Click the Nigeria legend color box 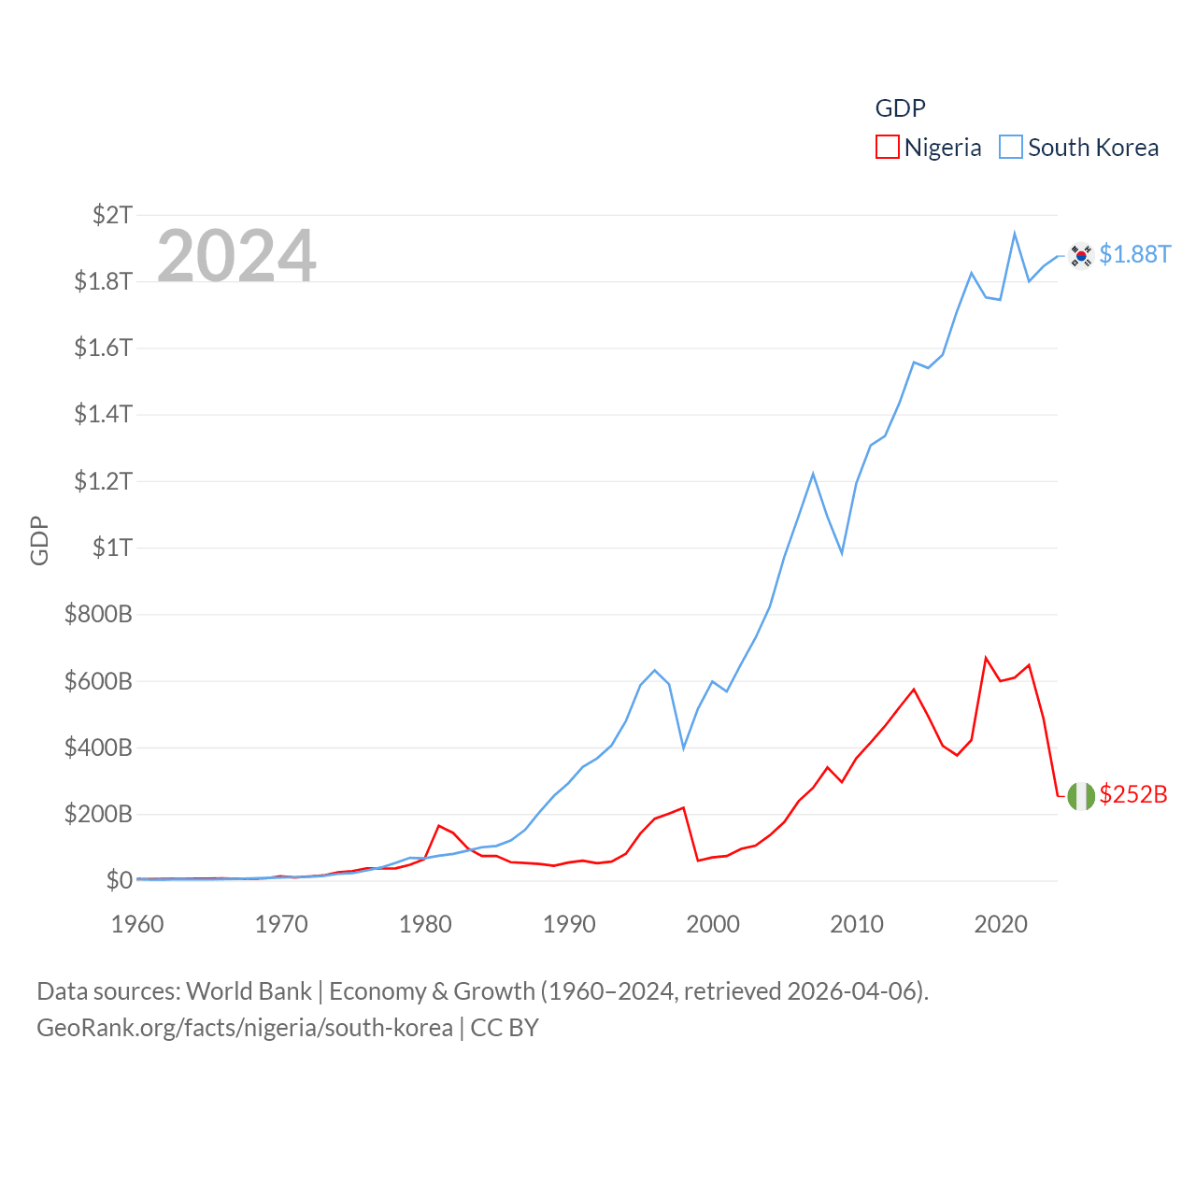887,148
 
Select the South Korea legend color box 1011,148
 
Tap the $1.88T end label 1134,254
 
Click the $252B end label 1133,794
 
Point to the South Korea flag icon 1081,255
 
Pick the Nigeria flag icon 1081,796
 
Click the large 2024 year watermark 236,255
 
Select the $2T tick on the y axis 112,215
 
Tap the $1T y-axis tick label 112,548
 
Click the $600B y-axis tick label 98,681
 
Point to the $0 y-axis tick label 119,880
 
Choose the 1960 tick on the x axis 137,924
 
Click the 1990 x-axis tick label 569,924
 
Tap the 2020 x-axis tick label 1001,924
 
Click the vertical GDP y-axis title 39,540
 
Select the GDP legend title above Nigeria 900,108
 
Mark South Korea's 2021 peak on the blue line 1015,234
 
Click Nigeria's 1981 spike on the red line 439,826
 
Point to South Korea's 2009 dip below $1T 842,553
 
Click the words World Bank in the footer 249,990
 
